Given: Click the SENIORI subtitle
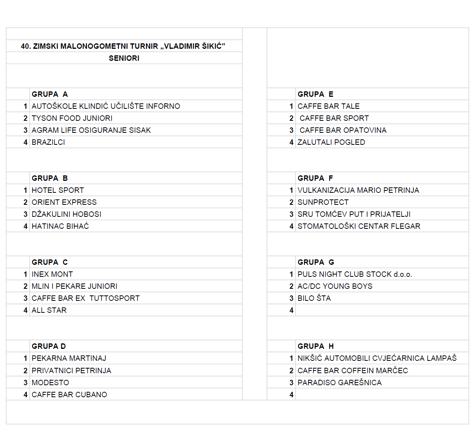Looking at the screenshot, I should coord(124,58).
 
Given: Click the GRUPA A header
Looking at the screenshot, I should coord(50,94).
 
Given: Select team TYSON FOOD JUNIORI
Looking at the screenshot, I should coord(72,118).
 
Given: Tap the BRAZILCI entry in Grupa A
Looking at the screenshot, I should coord(48,142).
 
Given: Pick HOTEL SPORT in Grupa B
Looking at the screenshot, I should coord(58,190).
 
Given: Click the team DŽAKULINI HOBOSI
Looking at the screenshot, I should coord(66,214).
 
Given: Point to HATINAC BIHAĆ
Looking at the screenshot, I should coord(60,226).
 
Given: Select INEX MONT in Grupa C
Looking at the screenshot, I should coord(52,274).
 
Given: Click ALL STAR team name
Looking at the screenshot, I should coord(49,310).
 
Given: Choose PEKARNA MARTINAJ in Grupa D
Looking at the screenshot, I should coord(69,358).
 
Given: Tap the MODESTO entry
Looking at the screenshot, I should coord(50,383).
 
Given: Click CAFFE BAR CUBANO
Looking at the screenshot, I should coord(69,395).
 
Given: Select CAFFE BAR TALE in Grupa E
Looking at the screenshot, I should coord(328,106).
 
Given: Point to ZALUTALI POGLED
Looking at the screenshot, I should coord(331,142).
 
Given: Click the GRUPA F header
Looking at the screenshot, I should coord(315,178).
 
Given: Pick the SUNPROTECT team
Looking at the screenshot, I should coord(323,202).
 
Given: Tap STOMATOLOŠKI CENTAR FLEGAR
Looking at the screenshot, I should coord(359,226).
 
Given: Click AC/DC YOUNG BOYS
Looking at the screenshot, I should coord(335,286).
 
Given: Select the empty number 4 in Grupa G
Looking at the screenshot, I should coord(292,310).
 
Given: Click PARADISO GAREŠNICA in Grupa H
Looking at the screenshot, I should coord(340,383).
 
